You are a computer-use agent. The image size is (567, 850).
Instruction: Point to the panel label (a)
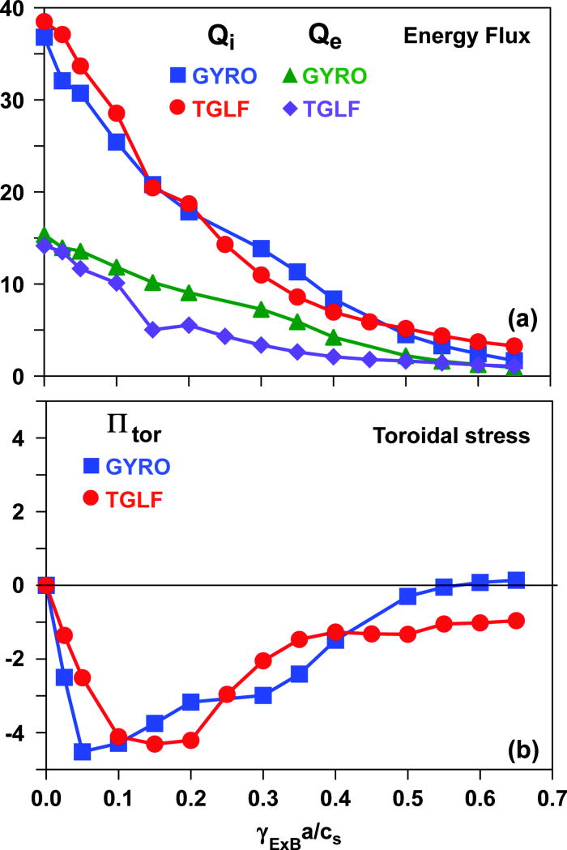pos(523,320)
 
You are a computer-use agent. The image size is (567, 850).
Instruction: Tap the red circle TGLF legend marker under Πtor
pos(91,499)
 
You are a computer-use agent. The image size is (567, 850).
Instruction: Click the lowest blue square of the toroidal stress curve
pos(82,751)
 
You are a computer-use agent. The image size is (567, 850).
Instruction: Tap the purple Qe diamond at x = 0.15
pos(153,330)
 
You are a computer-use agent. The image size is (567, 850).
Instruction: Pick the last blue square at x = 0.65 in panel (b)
pos(515,580)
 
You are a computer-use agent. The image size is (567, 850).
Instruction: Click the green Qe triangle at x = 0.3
pos(261,310)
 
